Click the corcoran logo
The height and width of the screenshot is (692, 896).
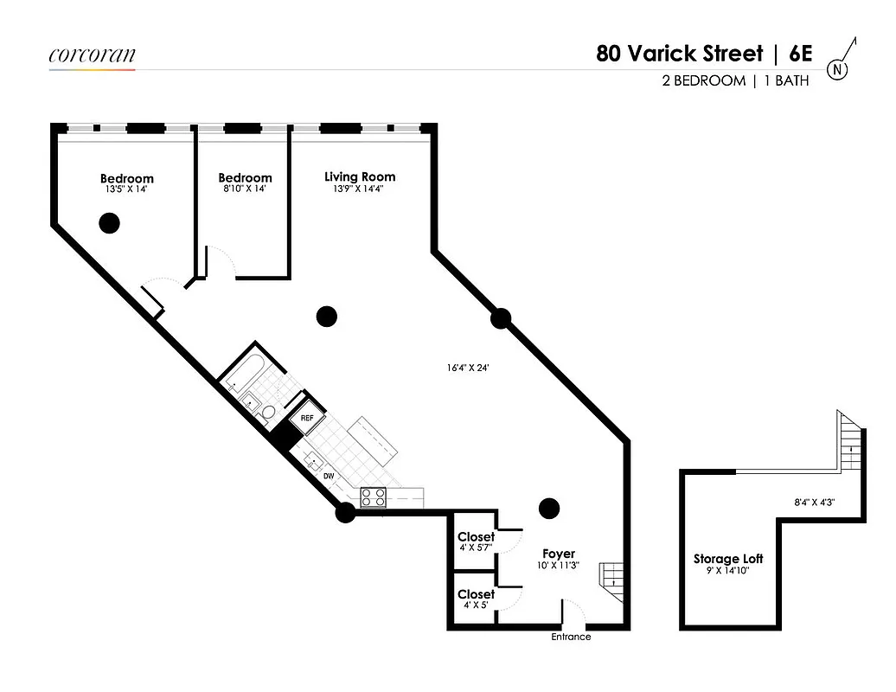click(92, 55)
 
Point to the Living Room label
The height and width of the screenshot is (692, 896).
click(360, 176)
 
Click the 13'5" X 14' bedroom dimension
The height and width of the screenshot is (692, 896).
click(126, 189)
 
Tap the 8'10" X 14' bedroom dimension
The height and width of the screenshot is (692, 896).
click(245, 189)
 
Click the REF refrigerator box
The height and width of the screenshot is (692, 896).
click(307, 419)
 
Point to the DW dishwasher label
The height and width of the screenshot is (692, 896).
click(329, 477)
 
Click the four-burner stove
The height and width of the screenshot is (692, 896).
click(373, 497)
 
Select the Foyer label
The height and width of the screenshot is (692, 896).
click(559, 554)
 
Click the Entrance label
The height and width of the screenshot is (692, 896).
click(572, 637)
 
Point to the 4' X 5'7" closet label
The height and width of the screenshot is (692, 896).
click(476, 548)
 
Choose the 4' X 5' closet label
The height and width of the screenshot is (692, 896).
click(476, 605)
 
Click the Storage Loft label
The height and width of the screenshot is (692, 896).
click(728, 559)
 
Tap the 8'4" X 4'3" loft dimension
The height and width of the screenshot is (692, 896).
click(814, 501)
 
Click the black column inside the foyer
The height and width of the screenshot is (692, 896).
click(548, 508)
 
